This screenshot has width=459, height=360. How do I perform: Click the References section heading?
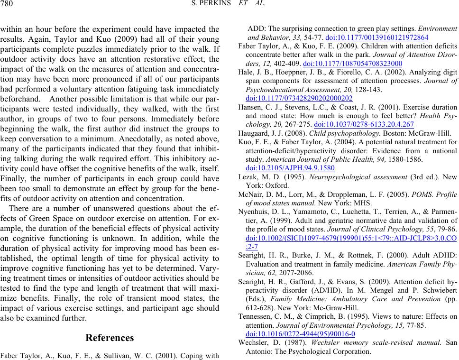[x=110, y=338]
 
